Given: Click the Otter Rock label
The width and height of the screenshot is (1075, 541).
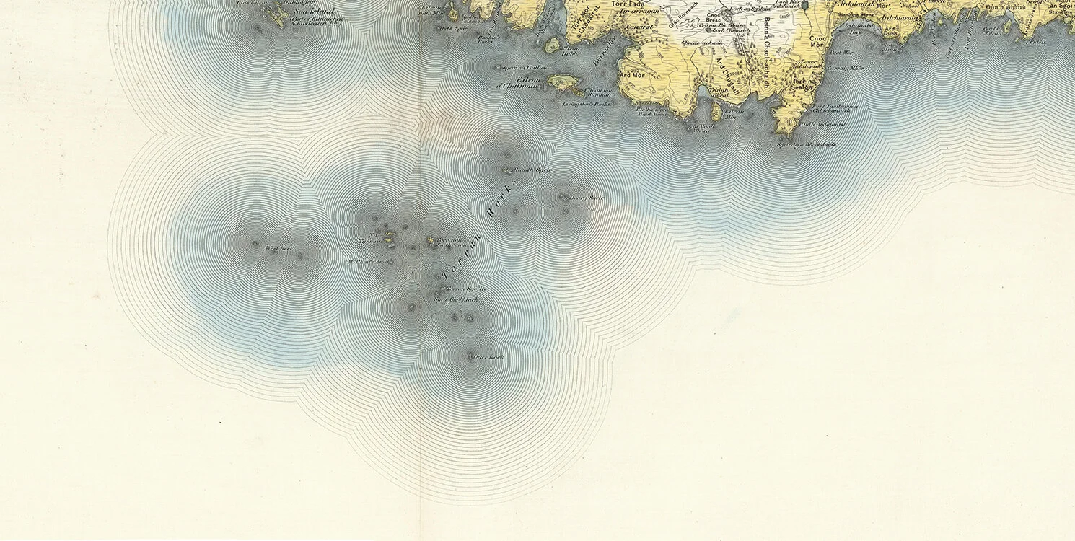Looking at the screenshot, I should click(x=487, y=357).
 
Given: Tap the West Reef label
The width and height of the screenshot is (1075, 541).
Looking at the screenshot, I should click(x=280, y=249).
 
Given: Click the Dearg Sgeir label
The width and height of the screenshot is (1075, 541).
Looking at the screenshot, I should click(x=586, y=198).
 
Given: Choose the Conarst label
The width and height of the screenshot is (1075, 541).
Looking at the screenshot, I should click(x=639, y=27).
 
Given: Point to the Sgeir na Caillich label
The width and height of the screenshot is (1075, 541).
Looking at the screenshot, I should click(x=531, y=67).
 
